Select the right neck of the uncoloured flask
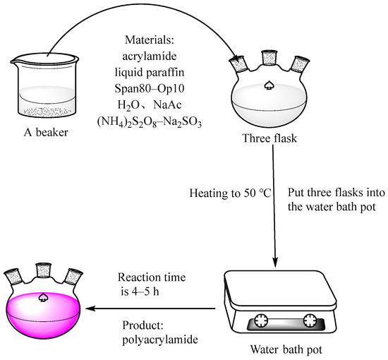point(300,64)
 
